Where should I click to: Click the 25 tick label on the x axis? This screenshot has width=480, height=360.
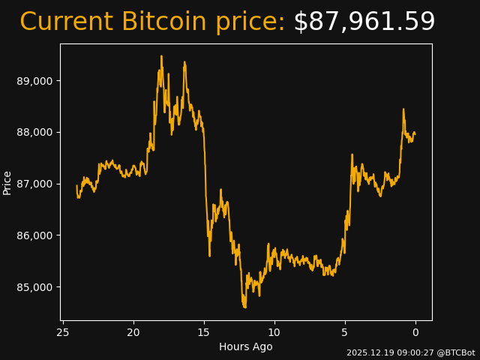pyautogui.click(x=63, y=332)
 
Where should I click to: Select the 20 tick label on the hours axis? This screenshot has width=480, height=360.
pyautogui.click(x=133, y=332)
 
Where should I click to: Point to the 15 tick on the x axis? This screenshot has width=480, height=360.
pyautogui.click(x=204, y=332)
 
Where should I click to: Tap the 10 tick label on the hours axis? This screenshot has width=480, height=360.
pyautogui.click(x=274, y=332)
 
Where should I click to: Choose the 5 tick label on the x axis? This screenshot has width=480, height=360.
pyautogui.click(x=345, y=332)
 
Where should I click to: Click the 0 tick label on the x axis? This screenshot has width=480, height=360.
pyautogui.click(x=415, y=332)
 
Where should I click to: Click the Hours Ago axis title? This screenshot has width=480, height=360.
pyautogui.click(x=246, y=346)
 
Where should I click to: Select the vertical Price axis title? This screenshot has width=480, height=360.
pyautogui.click(x=7, y=182)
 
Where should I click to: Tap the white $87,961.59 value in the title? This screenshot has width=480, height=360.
pyautogui.click(x=364, y=22)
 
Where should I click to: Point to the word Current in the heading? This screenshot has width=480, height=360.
pyautogui.click(x=67, y=22)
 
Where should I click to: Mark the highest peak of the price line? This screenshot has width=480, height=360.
pyautogui.click(x=161, y=55)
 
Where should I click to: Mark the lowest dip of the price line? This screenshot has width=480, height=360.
pyautogui.click(x=244, y=307)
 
